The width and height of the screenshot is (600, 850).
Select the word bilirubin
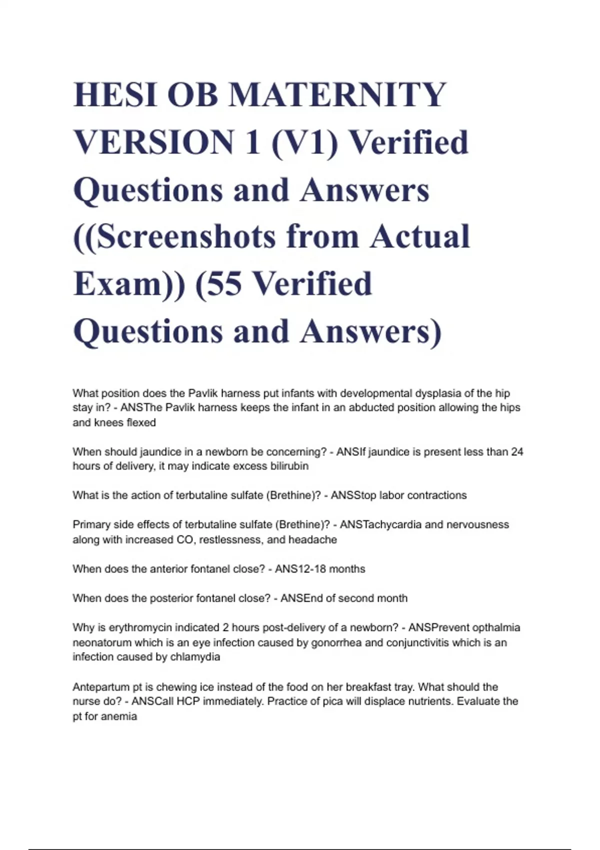[286, 466]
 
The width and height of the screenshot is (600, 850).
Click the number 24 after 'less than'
[517, 451]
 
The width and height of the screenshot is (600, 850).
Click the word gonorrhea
[336, 642]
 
